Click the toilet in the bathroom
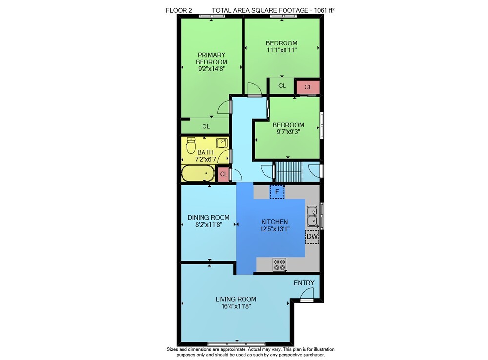191,145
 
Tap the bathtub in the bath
198,173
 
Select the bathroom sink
222,143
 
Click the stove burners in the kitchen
280,265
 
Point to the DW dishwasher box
312,237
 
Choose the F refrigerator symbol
277,192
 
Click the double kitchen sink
312,216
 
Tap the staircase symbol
288,171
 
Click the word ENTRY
304,283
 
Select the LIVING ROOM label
236,299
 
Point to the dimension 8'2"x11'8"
208,225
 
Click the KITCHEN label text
274,222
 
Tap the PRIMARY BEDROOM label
211,58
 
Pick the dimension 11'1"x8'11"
282,50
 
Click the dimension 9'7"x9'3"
288,132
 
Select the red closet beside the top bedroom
308,87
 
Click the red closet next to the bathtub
224,174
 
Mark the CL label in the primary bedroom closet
206,127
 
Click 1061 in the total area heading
321,10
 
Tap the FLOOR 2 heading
179,10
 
